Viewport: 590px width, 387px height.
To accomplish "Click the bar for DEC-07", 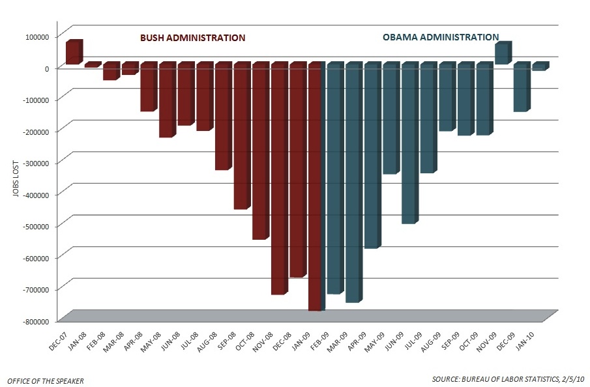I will click(x=73, y=53).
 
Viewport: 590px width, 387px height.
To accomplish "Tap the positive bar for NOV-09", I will click(x=501, y=53).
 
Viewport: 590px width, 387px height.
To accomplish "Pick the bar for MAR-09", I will click(x=352, y=182).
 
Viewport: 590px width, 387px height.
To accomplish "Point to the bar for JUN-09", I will click(x=408, y=143).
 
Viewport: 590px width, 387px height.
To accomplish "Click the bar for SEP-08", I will click(x=241, y=136).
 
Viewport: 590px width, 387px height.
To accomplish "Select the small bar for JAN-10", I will click(x=539, y=66).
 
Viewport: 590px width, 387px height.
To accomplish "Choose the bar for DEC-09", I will click(x=520, y=87).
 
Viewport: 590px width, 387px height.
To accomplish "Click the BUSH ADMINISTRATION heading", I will click(x=194, y=38).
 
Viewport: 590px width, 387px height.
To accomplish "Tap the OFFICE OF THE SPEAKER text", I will click(x=45, y=380).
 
